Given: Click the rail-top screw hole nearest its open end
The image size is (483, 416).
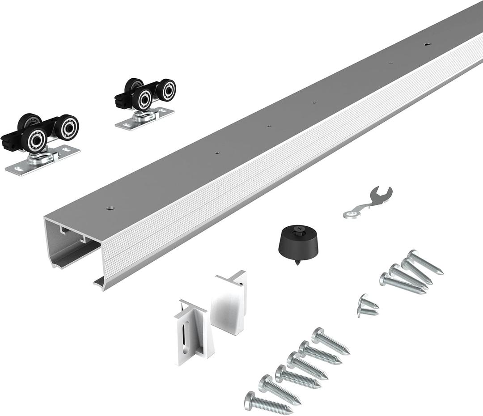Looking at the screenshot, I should coord(110,208).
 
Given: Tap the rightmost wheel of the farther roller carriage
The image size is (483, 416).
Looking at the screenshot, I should coord(167,90).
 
